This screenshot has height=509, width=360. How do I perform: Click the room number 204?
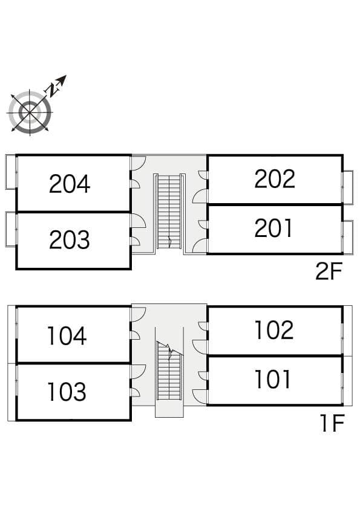pos(70,184)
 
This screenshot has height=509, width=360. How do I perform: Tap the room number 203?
pos(70,240)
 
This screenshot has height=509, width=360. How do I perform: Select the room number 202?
pos(275,179)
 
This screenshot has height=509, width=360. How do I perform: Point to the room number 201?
pos(273,229)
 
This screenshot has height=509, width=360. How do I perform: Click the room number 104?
pos(67,336)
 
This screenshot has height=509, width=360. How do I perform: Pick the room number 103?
pos(67,392)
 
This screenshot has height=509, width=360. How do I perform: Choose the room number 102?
pos(275,330)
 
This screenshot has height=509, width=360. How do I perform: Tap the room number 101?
pos(273,379)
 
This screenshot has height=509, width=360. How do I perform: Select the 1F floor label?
pos(332,423)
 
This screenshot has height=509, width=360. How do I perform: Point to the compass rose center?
pos(30,112)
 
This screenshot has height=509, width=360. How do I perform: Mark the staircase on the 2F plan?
pos(169,212)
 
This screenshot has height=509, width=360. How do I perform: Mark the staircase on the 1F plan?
pos(169,370)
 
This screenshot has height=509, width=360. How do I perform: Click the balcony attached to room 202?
pos(348,187)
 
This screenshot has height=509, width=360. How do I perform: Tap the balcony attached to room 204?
pos(11,172)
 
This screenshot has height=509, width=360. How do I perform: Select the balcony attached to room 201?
pos(348,238)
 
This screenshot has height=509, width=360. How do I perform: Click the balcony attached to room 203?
pos(11,229)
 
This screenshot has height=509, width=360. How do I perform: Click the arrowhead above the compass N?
pos(62,79)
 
